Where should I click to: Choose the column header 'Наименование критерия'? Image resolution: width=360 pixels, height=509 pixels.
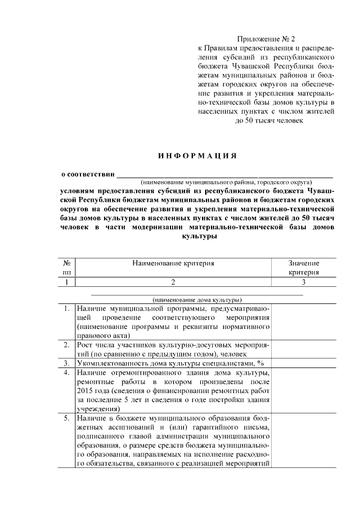173,263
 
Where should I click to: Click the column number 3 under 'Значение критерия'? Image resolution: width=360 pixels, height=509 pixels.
304,282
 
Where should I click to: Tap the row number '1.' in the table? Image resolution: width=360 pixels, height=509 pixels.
66,309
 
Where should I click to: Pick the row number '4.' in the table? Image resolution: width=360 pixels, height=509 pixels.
66,373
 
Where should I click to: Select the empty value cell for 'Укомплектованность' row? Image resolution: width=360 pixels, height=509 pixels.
304,363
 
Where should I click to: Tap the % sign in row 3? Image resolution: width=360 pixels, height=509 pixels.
260,363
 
